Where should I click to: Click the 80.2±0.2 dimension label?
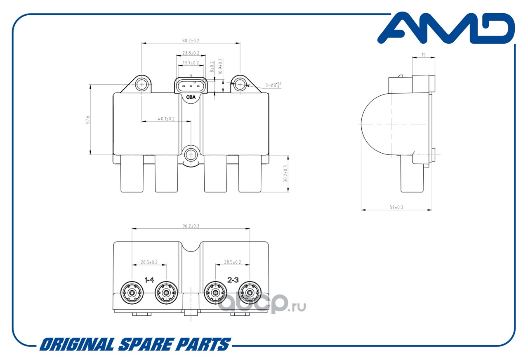pos(191,40)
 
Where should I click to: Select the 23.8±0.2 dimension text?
pos(191,53)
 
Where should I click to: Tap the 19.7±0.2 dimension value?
pos(190,63)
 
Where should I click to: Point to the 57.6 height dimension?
pos(87,120)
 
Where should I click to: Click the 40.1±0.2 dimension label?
pos(166,119)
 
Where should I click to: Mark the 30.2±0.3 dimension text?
pos(285,174)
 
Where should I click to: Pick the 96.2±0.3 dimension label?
pos(191,226)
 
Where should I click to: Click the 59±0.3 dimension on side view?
pos(396,207)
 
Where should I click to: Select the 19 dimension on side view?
pos(424,55)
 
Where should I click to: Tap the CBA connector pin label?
pos(191,97)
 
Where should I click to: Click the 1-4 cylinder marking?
pos(149,280)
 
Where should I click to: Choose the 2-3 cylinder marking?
pos(233,280)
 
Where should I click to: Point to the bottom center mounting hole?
pos(191,155)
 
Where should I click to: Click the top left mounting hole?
pos(141,85)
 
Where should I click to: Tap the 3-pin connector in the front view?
pos(190,86)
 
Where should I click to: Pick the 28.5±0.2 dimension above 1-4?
pos(149,262)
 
